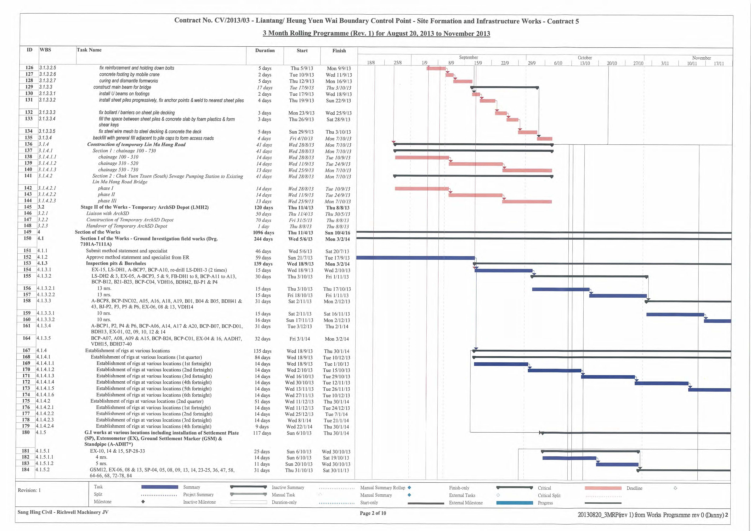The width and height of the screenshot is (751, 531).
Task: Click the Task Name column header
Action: coord(89,50)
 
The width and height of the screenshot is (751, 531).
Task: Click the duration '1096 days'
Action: coord(263,232)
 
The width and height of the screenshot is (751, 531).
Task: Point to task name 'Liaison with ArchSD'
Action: coord(108,213)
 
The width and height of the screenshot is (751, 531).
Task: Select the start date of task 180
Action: coord(299,433)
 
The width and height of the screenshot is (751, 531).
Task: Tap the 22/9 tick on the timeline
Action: coord(505,63)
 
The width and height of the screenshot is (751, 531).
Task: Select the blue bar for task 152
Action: coord(415,258)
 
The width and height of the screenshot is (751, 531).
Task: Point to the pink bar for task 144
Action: coord(527,202)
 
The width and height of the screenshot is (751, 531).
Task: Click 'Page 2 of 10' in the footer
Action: coord(373,513)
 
